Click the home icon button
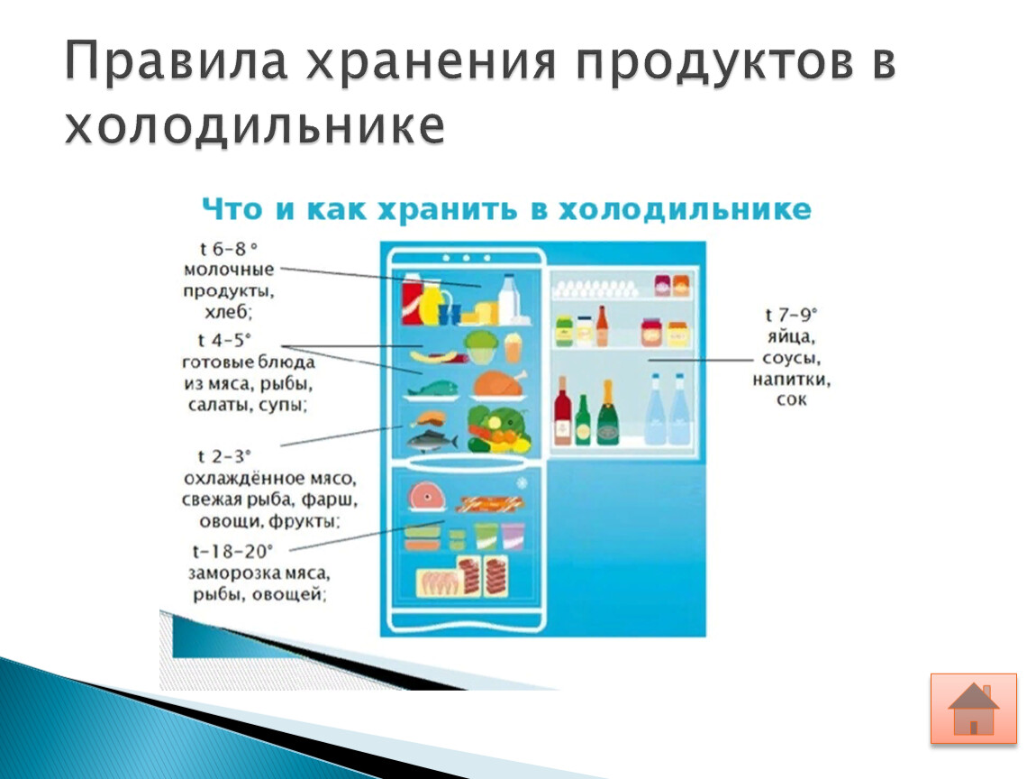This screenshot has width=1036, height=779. (x=973, y=709)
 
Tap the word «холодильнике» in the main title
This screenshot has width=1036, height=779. (x=254, y=125)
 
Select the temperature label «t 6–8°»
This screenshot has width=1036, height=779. (x=228, y=249)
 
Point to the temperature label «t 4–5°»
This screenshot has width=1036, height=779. (x=224, y=340)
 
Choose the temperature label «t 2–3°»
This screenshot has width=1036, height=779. (x=224, y=456)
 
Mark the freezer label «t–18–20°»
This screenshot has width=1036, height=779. (x=232, y=551)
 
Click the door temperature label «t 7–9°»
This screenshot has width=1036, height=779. (x=791, y=315)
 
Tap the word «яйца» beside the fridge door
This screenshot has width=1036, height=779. (x=791, y=336)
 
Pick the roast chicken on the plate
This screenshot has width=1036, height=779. (x=500, y=384)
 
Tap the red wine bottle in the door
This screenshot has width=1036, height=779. (x=562, y=410)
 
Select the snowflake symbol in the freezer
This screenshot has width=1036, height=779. (x=522, y=483)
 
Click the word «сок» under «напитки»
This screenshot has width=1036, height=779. (x=792, y=399)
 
